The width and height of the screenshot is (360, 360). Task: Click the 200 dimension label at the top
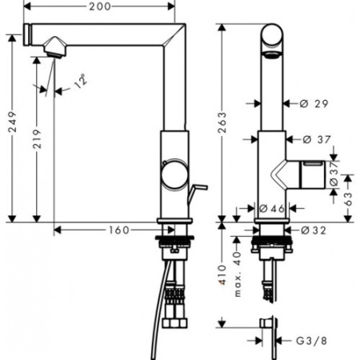coord(100,6)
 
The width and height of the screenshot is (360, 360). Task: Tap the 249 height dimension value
coord(12,122)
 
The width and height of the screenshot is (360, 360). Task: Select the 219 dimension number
coord(37,138)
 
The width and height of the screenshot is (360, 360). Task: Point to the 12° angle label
coord(81,81)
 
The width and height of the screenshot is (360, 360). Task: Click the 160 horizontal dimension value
coord(119,230)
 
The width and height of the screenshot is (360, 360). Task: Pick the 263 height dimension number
coord(222,122)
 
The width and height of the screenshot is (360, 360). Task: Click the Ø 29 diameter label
coord(314,103)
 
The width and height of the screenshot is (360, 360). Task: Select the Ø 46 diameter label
coord(272,208)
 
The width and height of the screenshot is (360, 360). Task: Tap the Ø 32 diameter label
coord(314,230)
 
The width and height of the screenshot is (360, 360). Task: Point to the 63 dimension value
coord(348,198)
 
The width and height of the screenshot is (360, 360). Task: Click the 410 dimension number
coord(222,275)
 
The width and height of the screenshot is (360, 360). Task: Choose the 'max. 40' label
coord(237,274)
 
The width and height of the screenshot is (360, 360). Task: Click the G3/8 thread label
coord(311,341)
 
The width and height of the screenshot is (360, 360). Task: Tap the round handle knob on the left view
coord(174,175)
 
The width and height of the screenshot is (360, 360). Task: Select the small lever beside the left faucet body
coord(197,193)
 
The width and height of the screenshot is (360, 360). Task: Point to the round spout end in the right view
coord(272,35)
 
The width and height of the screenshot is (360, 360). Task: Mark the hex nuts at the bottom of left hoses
coord(175,322)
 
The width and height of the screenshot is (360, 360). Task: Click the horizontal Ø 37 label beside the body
coord(317,139)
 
